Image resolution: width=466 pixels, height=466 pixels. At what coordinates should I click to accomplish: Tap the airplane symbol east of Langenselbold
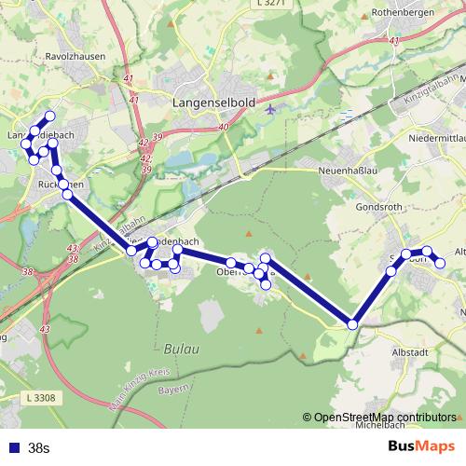(270, 108)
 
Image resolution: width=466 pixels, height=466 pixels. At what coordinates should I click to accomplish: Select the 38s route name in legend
(39, 447)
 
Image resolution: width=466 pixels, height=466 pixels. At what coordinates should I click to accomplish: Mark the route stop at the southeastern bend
(352, 324)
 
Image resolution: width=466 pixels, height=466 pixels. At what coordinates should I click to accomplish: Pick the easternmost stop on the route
(441, 263)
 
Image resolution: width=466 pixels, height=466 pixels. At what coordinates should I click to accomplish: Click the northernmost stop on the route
(50, 116)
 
